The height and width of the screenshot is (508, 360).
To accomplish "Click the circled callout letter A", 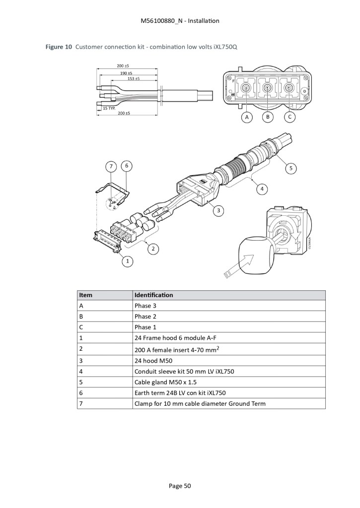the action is tap(247, 117).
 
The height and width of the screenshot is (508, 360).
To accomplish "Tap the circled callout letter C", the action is tap(289, 117).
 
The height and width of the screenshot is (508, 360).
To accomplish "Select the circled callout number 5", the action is tap(290, 168).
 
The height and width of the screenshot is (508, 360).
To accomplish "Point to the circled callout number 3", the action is tap(218, 210).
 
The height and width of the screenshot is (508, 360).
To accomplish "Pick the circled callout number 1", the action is tap(128, 261).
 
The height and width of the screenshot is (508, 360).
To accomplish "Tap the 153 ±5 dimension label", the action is tap(133, 78).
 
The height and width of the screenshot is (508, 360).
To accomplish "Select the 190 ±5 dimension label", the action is tap(126, 73).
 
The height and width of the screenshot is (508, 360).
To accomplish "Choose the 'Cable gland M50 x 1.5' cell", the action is tap(165, 382).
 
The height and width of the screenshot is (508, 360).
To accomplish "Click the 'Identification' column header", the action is tap(154, 295).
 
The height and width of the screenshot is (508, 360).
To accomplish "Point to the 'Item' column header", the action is tap(85, 295).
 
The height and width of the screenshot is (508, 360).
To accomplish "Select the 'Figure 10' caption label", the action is tap(59, 47).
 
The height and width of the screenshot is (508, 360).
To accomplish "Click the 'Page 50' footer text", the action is tap(180, 486).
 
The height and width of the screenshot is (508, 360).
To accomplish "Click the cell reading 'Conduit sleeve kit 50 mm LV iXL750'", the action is tap(184, 372).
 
